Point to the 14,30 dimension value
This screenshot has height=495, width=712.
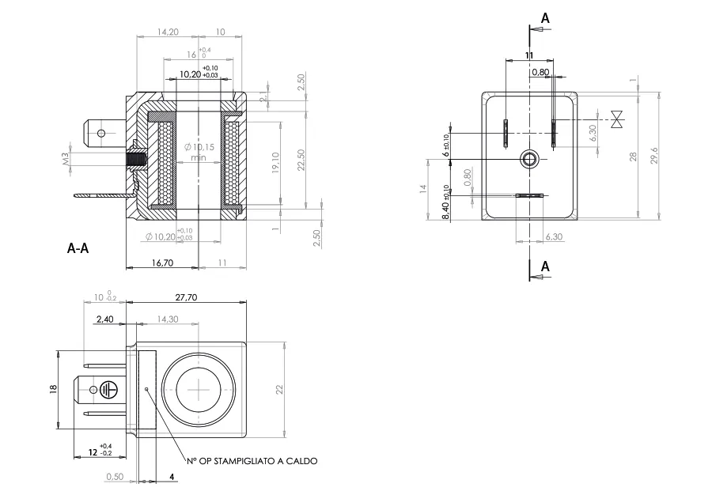pos(166,319)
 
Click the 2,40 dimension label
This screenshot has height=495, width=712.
pos(104,319)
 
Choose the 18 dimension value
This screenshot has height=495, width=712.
pos(55,390)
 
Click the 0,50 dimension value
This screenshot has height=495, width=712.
pos(115,477)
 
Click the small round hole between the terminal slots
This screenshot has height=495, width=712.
pos(528,160)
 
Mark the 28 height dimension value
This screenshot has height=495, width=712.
pos(632,157)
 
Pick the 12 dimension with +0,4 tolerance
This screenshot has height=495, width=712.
pos(92,452)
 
